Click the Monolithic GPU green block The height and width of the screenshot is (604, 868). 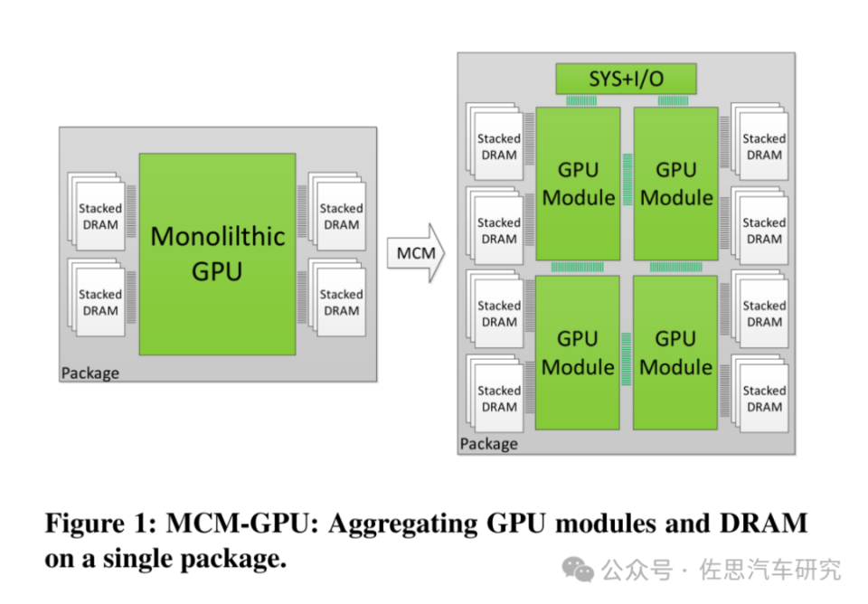tap(217, 253)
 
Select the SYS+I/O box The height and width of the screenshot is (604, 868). tap(626, 79)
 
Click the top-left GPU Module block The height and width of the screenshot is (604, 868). tap(578, 184)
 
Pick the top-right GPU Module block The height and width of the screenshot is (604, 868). tap(675, 184)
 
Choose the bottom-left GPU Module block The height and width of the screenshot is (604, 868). tap(578, 353)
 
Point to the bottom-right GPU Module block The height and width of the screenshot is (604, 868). tap(675, 353)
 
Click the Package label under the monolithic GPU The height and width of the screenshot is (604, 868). tap(90, 373)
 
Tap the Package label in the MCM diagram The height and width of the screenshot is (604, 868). tap(489, 444)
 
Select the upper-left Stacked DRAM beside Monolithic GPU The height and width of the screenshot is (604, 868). tap(99, 216)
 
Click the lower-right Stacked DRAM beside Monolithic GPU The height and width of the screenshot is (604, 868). tap(340, 302)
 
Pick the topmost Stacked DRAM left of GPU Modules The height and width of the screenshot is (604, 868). tap(498, 146)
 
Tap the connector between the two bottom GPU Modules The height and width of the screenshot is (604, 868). tap(627, 353)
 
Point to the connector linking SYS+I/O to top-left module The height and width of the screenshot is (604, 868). tap(578, 100)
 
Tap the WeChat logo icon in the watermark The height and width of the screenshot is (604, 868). tap(578, 569)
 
